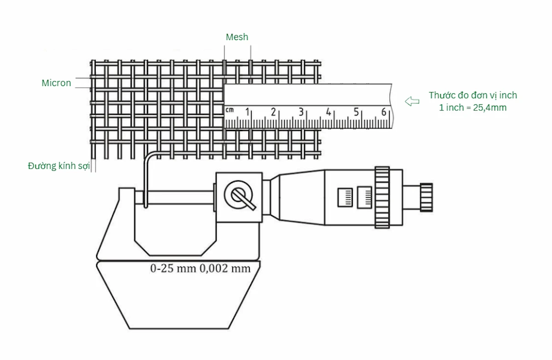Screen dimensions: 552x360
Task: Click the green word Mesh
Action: (237, 37)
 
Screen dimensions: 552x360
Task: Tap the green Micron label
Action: (56, 83)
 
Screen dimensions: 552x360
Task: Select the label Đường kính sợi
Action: (59, 166)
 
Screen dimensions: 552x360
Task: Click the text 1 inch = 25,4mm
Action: (473, 108)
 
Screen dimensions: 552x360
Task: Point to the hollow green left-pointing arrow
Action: (412, 101)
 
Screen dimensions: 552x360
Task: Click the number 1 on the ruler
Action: (247, 112)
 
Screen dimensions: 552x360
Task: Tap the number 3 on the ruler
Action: (301, 112)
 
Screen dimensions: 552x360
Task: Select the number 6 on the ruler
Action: (384, 112)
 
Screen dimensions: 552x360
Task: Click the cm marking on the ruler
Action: (230, 110)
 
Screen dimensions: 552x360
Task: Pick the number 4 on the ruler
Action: (328, 112)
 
